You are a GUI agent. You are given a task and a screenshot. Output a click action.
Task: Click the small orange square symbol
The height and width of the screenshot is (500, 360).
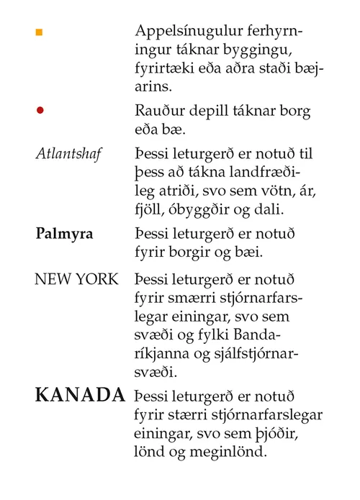[x=40, y=32]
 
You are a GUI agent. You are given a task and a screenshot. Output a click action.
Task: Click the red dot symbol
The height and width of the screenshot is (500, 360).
[x=40, y=110]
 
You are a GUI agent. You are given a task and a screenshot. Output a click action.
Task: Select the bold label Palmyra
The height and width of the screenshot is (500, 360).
[x=63, y=235]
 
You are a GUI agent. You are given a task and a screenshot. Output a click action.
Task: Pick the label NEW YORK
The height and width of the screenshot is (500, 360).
[x=76, y=279]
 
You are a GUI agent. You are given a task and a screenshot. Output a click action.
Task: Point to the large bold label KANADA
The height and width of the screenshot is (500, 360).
[x=80, y=395]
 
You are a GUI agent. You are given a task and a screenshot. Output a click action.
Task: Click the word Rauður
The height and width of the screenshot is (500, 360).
[x=158, y=112]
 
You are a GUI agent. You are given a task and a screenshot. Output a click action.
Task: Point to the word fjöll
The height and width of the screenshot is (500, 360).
[x=150, y=209]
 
